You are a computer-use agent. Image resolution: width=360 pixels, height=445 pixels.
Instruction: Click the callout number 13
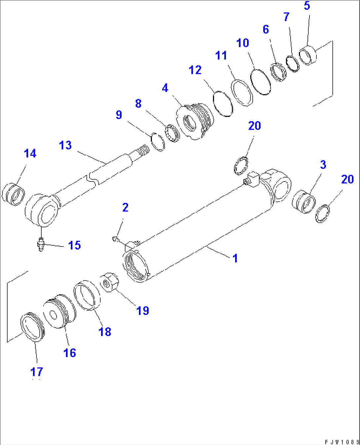coord(65,145)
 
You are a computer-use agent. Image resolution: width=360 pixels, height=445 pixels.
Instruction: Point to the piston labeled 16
coord(59,311)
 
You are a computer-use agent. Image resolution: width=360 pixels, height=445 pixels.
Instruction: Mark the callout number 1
coord(235,258)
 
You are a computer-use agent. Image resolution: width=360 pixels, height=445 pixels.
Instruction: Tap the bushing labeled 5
coord(308,56)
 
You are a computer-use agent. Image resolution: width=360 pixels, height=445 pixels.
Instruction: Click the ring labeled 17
coord(32,327)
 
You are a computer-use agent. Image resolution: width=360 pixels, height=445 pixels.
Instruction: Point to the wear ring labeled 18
coord(87,296)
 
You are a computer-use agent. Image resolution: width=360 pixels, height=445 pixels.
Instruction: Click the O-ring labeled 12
coord(223,103)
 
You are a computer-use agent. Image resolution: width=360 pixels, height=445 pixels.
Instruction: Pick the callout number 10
coord(242,43)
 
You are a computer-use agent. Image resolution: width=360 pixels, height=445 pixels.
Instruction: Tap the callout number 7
coord(286,17)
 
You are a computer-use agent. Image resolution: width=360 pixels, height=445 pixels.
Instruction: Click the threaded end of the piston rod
coord(143,150)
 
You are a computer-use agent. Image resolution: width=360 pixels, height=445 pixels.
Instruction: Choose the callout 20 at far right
coord(347,179)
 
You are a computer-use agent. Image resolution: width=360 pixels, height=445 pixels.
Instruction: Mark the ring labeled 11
coord(242,93)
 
